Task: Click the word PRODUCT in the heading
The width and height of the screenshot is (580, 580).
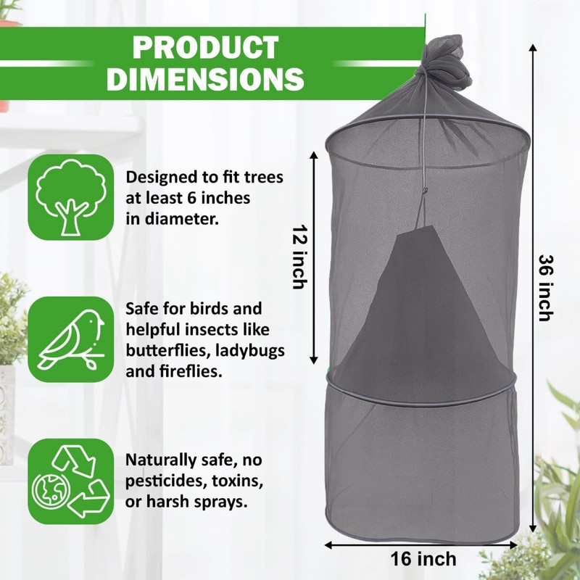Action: point(206,47)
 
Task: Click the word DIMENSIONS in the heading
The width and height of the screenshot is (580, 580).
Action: point(206,78)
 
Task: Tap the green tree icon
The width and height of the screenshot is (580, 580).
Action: point(71,196)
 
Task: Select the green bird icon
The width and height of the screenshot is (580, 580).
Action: point(71,339)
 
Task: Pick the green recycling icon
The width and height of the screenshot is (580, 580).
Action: point(71,482)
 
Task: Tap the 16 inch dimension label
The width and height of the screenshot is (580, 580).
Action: point(423,559)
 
